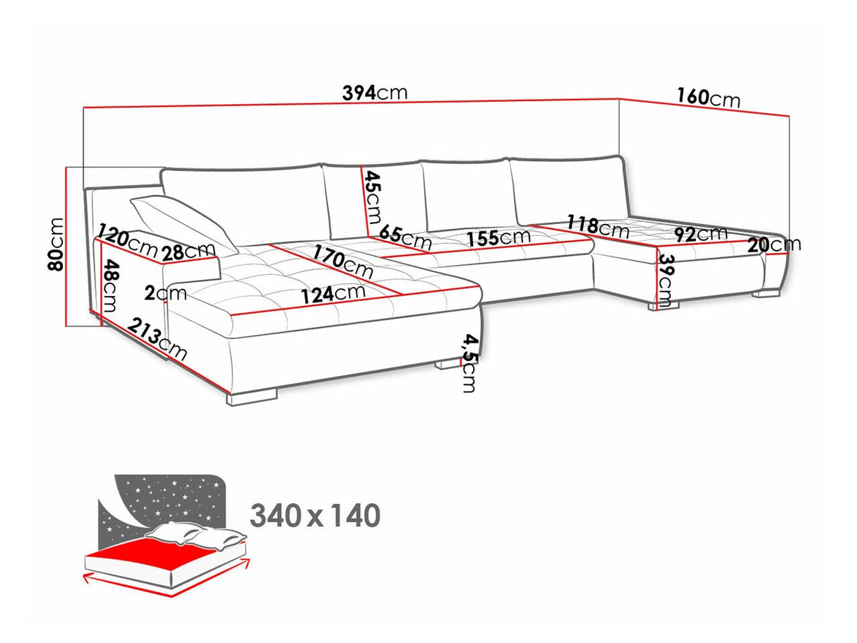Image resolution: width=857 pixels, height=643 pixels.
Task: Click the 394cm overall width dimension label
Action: tap(374, 93)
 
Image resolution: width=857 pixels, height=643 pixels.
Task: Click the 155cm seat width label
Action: tap(498, 237)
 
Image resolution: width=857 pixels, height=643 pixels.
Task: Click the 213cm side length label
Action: tap(158, 340)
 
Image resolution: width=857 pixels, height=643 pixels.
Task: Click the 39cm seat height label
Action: tap(666, 281)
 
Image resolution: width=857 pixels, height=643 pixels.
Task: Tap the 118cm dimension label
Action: tap(597, 226)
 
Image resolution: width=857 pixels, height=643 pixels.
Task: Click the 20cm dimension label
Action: tap(774, 244)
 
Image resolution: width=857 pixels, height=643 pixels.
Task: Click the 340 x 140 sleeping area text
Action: tap(315, 516)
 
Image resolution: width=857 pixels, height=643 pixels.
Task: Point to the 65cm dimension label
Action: tap(404, 236)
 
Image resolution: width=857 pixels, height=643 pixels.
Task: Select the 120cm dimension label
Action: tap(128, 238)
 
